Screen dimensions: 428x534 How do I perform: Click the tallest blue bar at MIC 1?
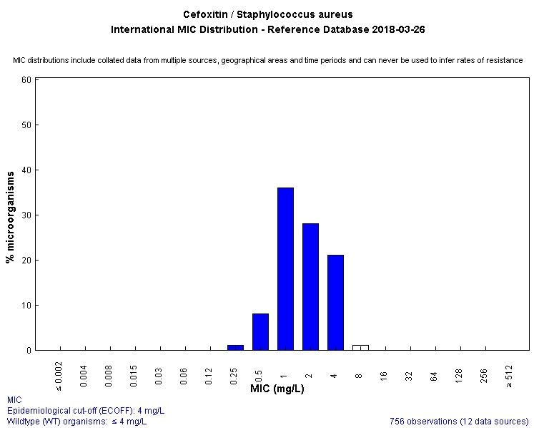coord(285,268)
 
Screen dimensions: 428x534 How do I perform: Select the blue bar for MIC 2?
coord(310,286)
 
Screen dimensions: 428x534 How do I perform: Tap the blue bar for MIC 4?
coord(335,302)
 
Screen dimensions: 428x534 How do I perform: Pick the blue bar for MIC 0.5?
coord(260,331)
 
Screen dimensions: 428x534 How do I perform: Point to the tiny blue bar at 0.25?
coord(235,347)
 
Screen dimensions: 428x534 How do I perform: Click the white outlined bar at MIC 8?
coord(360,347)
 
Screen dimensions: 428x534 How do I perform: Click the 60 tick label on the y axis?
coord(26,79)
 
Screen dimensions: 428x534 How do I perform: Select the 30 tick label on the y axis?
coord(26,215)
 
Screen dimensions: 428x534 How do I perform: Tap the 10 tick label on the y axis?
coord(26,305)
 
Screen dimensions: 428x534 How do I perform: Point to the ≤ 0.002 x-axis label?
coord(59,375)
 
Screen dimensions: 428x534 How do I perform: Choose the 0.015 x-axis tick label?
coord(135,376)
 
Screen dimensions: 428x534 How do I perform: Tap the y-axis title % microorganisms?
coord(10,215)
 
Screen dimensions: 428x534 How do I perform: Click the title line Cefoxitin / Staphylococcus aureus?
coord(267,14)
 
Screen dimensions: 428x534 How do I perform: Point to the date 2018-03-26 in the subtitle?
coord(397,30)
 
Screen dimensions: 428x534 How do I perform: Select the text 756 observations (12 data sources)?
coord(459,420)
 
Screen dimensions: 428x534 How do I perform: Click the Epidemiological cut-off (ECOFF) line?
coord(86,410)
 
